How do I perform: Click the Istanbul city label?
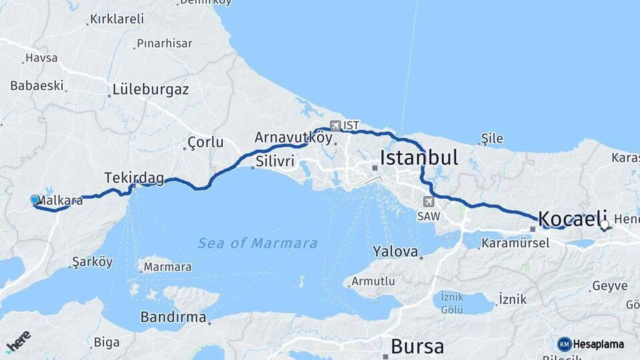[x=419, y=158]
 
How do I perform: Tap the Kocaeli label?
[x=572, y=218]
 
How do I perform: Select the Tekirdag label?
[x=134, y=177]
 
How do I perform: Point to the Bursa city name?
[x=417, y=346]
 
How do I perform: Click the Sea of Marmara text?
[x=257, y=243]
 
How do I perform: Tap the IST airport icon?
[x=335, y=125]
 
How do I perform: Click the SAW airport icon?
[x=427, y=201]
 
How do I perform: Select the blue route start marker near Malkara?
[x=35, y=199]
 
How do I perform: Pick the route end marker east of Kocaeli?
[x=605, y=225]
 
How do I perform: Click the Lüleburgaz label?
[x=151, y=89]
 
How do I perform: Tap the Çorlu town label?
[x=205, y=143]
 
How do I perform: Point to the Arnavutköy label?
[x=293, y=137]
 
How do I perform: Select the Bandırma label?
[x=173, y=317]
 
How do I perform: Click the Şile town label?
[x=492, y=139]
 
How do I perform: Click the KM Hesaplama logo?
[x=591, y=344]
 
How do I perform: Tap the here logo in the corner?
[x=18, y=343]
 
